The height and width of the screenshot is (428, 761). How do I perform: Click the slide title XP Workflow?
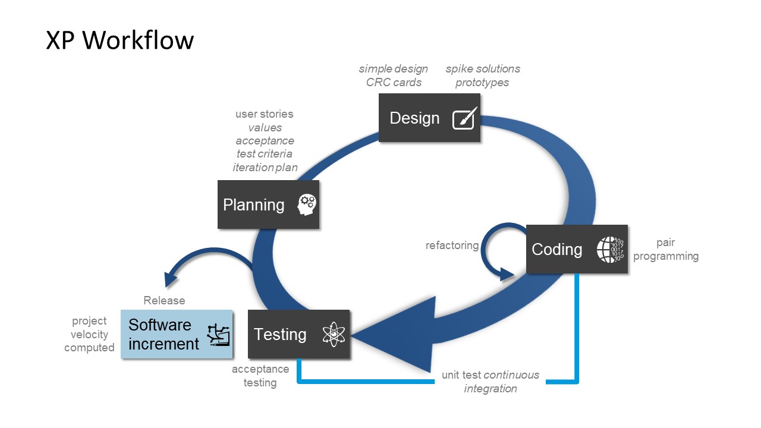pos(120,40)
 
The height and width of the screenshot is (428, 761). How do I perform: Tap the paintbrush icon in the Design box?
pos(463,119)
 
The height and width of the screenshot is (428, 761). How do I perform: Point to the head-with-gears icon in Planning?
pos(307,205)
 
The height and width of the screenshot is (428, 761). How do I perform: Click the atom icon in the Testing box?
pos(334,335)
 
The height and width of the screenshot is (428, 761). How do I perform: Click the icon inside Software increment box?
pos(218,335)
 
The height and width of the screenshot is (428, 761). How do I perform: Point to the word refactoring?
pos(452,246)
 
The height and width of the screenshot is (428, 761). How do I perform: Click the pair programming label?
pos(666,250)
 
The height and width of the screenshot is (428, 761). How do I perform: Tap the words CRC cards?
pos(394,83)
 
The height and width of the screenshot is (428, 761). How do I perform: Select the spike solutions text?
pos(483,69)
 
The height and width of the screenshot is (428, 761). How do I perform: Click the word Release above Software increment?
pos(164,301)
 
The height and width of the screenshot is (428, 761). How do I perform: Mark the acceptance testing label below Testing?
pos(260,376)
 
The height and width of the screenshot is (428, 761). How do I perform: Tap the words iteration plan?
pos(265,168)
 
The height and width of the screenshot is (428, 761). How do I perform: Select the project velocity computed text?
pos(89,334)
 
